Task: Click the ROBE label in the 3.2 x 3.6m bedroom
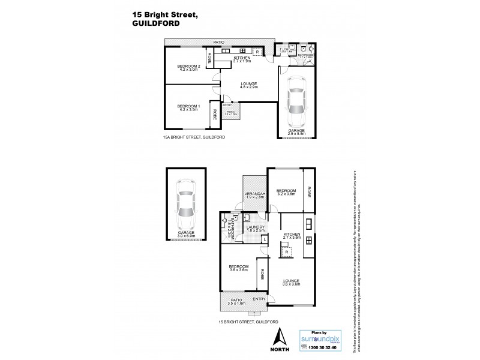[x=308, y=192]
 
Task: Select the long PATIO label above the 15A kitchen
[x=220, y=42]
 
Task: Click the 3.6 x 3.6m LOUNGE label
[x=292, y=283]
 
